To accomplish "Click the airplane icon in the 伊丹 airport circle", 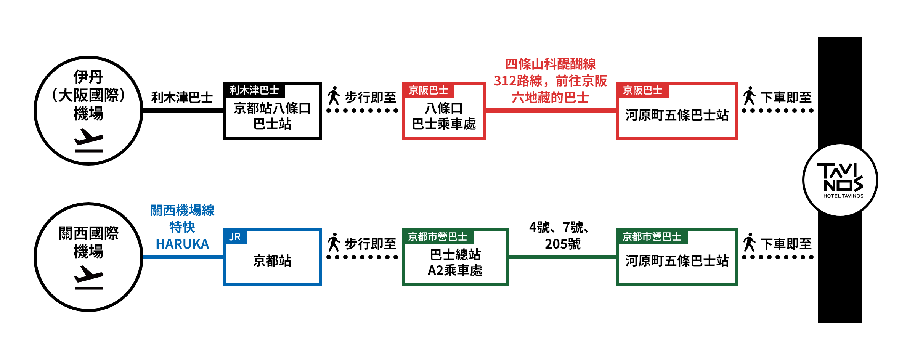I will [88, 140].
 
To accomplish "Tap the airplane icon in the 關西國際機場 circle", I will [88, 278].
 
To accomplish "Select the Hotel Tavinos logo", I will [840, 180].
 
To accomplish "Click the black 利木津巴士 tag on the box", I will [254, 90].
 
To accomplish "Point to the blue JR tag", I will [235, 237].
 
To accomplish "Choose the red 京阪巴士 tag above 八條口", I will [428, 90].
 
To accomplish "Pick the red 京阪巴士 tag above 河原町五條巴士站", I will [642, 90].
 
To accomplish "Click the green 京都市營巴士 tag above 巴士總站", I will [437, 237].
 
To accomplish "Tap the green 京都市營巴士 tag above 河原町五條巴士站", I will [652, 237].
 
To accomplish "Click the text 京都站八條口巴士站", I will [272, 116].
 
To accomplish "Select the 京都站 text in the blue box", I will [272, 261].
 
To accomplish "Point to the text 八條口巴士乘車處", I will [444, 116].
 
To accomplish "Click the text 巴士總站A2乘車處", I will [455, 262].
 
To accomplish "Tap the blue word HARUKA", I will [182, 244].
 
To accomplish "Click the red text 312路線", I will [518, 81].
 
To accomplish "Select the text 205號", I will [562, 244].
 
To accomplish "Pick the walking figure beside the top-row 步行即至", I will [334, 96].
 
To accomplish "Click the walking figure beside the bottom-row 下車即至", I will [749, 242].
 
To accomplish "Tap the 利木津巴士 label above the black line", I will [182, 98].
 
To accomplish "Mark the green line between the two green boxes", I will [562, 257].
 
